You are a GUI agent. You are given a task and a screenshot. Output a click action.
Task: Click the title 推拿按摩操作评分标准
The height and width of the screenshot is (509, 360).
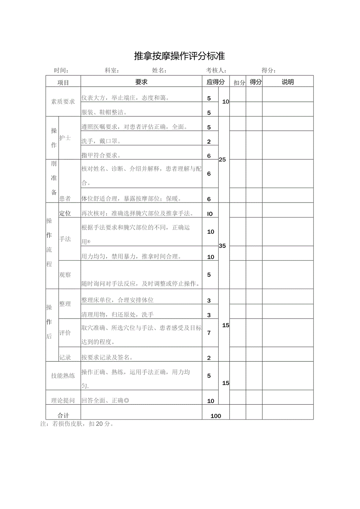(180, 56)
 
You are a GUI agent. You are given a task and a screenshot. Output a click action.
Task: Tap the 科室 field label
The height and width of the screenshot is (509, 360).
(112, 71)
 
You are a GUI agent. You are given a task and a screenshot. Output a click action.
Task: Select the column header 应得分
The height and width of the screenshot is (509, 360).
(216, 82)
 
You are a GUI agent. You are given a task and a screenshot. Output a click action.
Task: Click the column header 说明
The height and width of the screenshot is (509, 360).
(288, 82)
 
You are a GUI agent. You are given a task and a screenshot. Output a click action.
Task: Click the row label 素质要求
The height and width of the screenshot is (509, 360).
(63, 102)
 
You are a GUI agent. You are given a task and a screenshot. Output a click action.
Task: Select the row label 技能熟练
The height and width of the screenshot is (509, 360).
(63, 376)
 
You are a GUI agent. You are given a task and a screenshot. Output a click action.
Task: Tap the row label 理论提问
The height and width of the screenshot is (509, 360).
(63, 401)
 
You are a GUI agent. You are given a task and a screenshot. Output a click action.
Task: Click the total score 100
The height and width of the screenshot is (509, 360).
(216, 416)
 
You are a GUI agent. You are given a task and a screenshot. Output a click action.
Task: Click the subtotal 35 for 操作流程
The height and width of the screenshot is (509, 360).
(222, 246)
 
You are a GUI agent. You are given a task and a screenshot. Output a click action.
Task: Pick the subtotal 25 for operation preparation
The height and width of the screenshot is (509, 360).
(222, 160)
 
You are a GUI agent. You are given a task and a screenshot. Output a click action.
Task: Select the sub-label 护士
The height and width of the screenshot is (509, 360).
(65, 138)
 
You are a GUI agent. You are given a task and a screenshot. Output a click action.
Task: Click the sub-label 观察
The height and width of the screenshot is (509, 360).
(65, 275)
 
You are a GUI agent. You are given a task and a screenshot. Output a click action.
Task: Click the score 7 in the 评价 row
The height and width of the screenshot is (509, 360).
(209, 333)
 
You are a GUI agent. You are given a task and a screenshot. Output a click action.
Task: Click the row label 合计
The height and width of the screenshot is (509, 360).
(63, 416)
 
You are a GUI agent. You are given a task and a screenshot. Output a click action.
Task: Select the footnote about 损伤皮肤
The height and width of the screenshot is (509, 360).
(77, 424)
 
